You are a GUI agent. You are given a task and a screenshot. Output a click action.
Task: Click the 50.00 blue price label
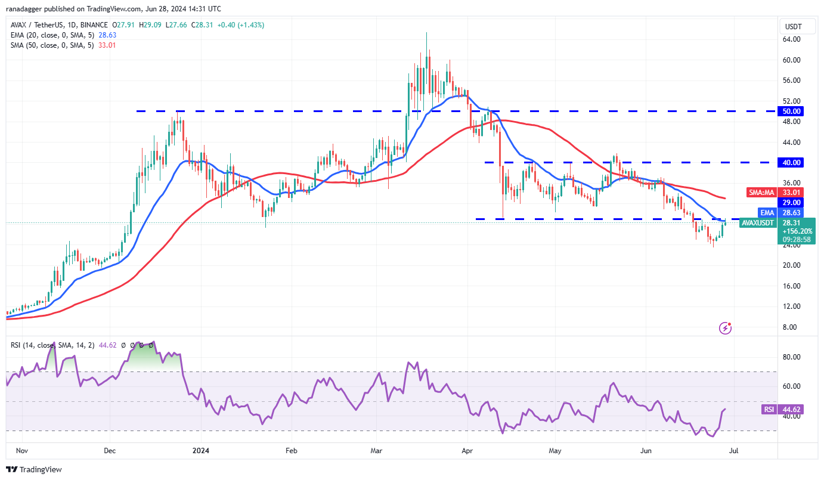792,111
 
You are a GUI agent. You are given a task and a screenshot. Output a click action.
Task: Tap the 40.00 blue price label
792,162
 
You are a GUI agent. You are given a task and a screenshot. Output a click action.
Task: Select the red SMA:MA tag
761,193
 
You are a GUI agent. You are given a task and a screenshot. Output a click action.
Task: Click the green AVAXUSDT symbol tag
758,223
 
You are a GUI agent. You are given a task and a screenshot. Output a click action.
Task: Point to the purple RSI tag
769,410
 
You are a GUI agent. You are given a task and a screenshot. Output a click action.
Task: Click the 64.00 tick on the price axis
792,39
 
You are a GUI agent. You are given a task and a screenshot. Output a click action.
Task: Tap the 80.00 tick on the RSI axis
792,357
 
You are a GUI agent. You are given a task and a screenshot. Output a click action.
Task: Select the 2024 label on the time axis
201,451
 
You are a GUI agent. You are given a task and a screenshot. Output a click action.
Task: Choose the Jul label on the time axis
734,451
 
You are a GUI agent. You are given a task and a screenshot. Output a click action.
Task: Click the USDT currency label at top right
793,27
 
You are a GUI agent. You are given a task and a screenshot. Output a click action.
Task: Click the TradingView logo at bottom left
34,470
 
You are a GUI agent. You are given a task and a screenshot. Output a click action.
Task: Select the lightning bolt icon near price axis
726,327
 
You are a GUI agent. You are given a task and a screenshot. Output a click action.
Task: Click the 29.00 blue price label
792,202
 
